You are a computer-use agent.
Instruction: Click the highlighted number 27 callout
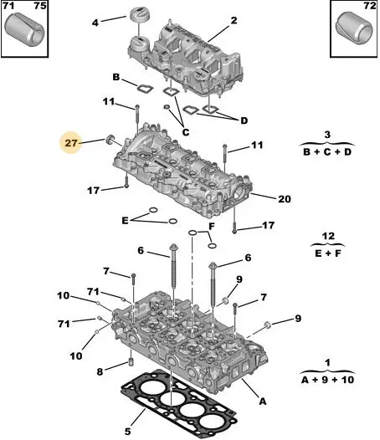(71, 143)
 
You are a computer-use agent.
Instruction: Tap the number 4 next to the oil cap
(95, 23)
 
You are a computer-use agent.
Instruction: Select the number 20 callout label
(285, 199)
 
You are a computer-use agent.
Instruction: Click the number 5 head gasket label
(127, 431)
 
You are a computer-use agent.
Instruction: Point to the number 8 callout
(100, 372)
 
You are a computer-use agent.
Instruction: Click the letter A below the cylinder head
(262, 402)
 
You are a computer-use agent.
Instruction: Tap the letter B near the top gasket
(116, 77)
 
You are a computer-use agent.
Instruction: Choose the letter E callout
(125, 221)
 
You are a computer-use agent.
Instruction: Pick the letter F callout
(212, 226)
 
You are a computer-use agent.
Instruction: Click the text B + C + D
(327, 152)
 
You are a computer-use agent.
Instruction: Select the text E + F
(328, 253)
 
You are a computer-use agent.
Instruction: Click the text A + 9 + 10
(327, 380)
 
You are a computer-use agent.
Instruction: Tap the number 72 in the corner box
(369, 6)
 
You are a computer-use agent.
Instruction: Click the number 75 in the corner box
(40, 6)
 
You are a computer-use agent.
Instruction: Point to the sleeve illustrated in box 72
(354, 28)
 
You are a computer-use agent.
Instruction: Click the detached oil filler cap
(139, 13)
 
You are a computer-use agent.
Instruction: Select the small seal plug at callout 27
(110, 140)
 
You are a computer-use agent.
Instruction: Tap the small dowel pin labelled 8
(131, 361)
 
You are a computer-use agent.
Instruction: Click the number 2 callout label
(234, 20)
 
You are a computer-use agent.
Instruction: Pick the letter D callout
(244, 120)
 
